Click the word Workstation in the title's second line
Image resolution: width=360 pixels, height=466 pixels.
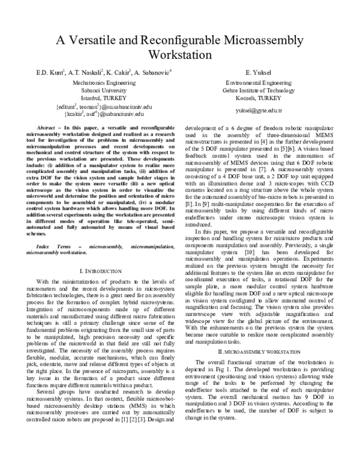[x=179, y=55]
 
